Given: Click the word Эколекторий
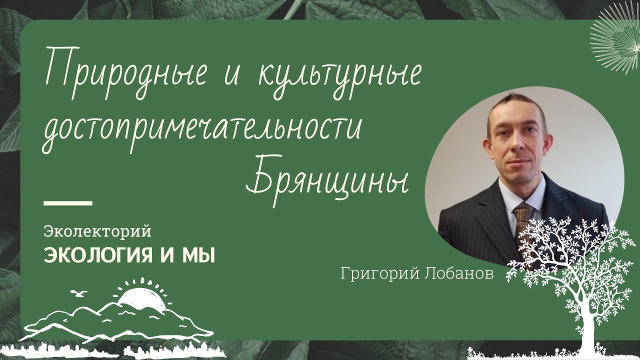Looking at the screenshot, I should pos(97,231).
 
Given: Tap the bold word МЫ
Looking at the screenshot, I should pos(199,256).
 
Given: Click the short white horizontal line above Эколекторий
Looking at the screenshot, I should pos(68,203).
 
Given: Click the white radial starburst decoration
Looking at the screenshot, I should pos(617,42).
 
